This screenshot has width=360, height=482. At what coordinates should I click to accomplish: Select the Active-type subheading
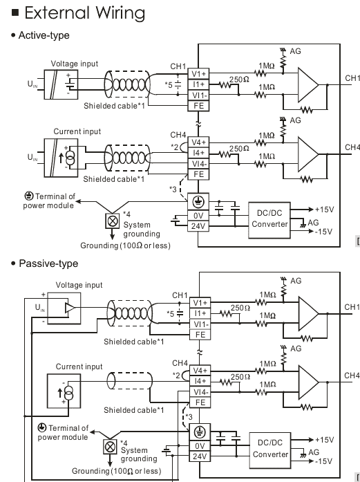tap(44, 35)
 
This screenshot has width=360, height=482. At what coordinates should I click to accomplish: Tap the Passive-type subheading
tap(48, 263)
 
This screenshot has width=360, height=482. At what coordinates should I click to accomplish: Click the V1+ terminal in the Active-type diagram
tap(198, 74)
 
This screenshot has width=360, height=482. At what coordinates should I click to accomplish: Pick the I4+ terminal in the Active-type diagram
tap(198, 153)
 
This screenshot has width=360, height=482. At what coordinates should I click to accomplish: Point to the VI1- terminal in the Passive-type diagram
tap(200, 324)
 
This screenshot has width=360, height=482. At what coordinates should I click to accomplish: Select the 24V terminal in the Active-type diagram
tap(198, 226)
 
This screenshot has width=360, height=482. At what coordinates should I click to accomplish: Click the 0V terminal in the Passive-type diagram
tap(200, 446)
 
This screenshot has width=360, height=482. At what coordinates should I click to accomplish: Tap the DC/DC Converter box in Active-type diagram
tap(269, 220)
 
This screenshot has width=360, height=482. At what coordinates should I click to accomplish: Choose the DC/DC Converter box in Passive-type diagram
tap(270, 450)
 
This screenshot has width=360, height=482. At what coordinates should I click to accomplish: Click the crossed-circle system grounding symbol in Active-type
tap(113, 221)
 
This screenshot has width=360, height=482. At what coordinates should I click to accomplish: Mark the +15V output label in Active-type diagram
tap(324, 210)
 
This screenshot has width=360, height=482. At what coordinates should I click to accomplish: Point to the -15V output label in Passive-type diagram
tap(324, 461)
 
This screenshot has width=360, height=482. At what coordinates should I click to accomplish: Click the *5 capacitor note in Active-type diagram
tap(169, 85)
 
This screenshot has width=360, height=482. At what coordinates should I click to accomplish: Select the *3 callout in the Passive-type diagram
tap(189, 417)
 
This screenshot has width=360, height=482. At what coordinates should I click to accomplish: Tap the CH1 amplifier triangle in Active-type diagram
tap(307, 84)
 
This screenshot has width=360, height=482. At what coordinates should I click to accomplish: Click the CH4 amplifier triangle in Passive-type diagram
tap(308, 382)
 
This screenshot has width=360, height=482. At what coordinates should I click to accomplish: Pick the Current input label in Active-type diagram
tap(77, 131)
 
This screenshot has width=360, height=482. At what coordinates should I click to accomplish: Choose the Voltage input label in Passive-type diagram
tap(79, 285)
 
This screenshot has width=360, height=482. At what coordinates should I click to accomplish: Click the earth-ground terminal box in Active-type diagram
tap(198, 202)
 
